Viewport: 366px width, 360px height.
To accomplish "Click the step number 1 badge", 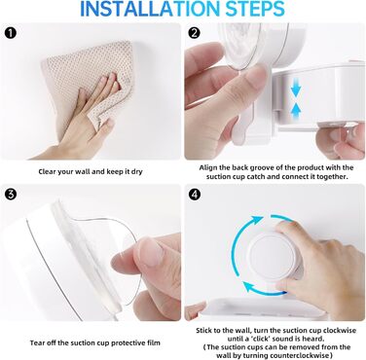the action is click(x=11, y=33).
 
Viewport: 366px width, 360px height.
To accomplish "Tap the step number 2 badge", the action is click(x=194, y=33).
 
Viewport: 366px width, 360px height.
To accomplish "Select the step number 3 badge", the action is click(x=11, y=195).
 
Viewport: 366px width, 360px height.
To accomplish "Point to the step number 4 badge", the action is click(x=194, y=195).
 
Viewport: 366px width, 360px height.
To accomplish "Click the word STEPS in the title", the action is click(x=255, y=9).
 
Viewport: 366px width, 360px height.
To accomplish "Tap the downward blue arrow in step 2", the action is click(x=296, y=89).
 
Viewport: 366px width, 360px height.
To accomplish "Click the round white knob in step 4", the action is click(x=273, y=255).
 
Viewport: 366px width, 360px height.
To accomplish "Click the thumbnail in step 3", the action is click(x=150, y=250).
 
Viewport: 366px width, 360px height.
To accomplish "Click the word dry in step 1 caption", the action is click(x=136, y=171).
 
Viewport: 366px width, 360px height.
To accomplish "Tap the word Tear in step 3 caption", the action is click(x=37, y=342).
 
